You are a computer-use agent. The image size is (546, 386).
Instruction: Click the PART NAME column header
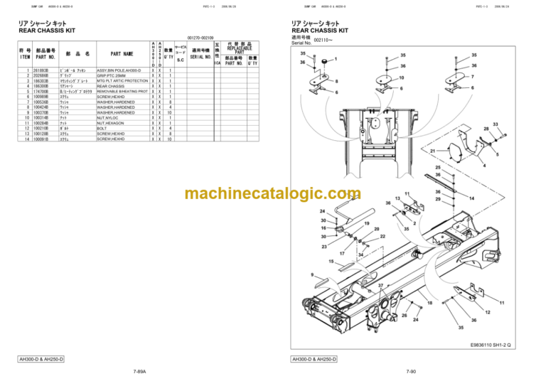pyautogui.click(x=122, y=53)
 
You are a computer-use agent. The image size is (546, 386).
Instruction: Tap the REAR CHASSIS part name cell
pyautogui.click(x=111, y=86)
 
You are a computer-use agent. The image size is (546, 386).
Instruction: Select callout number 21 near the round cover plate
pyautogui.click(x=432, y=151)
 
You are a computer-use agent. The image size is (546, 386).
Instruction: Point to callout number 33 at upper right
pyautogui.click(x=495, y=123)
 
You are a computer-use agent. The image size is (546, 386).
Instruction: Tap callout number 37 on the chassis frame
pyautogui.click(x=381, y=285)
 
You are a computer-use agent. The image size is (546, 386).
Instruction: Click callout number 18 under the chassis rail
pyautogui.click(x=429, y=304)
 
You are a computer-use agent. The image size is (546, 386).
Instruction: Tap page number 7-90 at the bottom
pyautogui.click(x=411, y=372)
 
